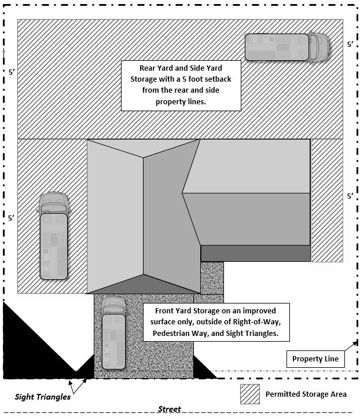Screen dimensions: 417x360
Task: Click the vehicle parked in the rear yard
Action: (x=287, y=47)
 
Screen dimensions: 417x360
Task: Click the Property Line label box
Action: (x=315, y=359)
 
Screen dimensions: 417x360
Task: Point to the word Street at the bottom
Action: (x=170, y=409)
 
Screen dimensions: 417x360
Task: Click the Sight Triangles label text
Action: (x=42, y=397)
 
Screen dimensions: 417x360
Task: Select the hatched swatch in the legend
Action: (x=250, y=394)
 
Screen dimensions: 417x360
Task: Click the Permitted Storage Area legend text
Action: (x=306, y=394)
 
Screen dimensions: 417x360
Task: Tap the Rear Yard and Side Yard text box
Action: (x=181, y=85)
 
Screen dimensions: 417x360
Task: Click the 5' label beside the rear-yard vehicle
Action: (x=350, y=44)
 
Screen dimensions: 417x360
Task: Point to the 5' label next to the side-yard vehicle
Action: (x=11, y=218)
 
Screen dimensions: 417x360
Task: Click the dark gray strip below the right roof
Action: (x=255, y=253)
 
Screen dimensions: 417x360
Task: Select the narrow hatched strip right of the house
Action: (x=327, y=200)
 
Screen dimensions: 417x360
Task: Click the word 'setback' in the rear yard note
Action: (x=216, y=79)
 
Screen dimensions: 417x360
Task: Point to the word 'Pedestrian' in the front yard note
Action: (x=172, y=334)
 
